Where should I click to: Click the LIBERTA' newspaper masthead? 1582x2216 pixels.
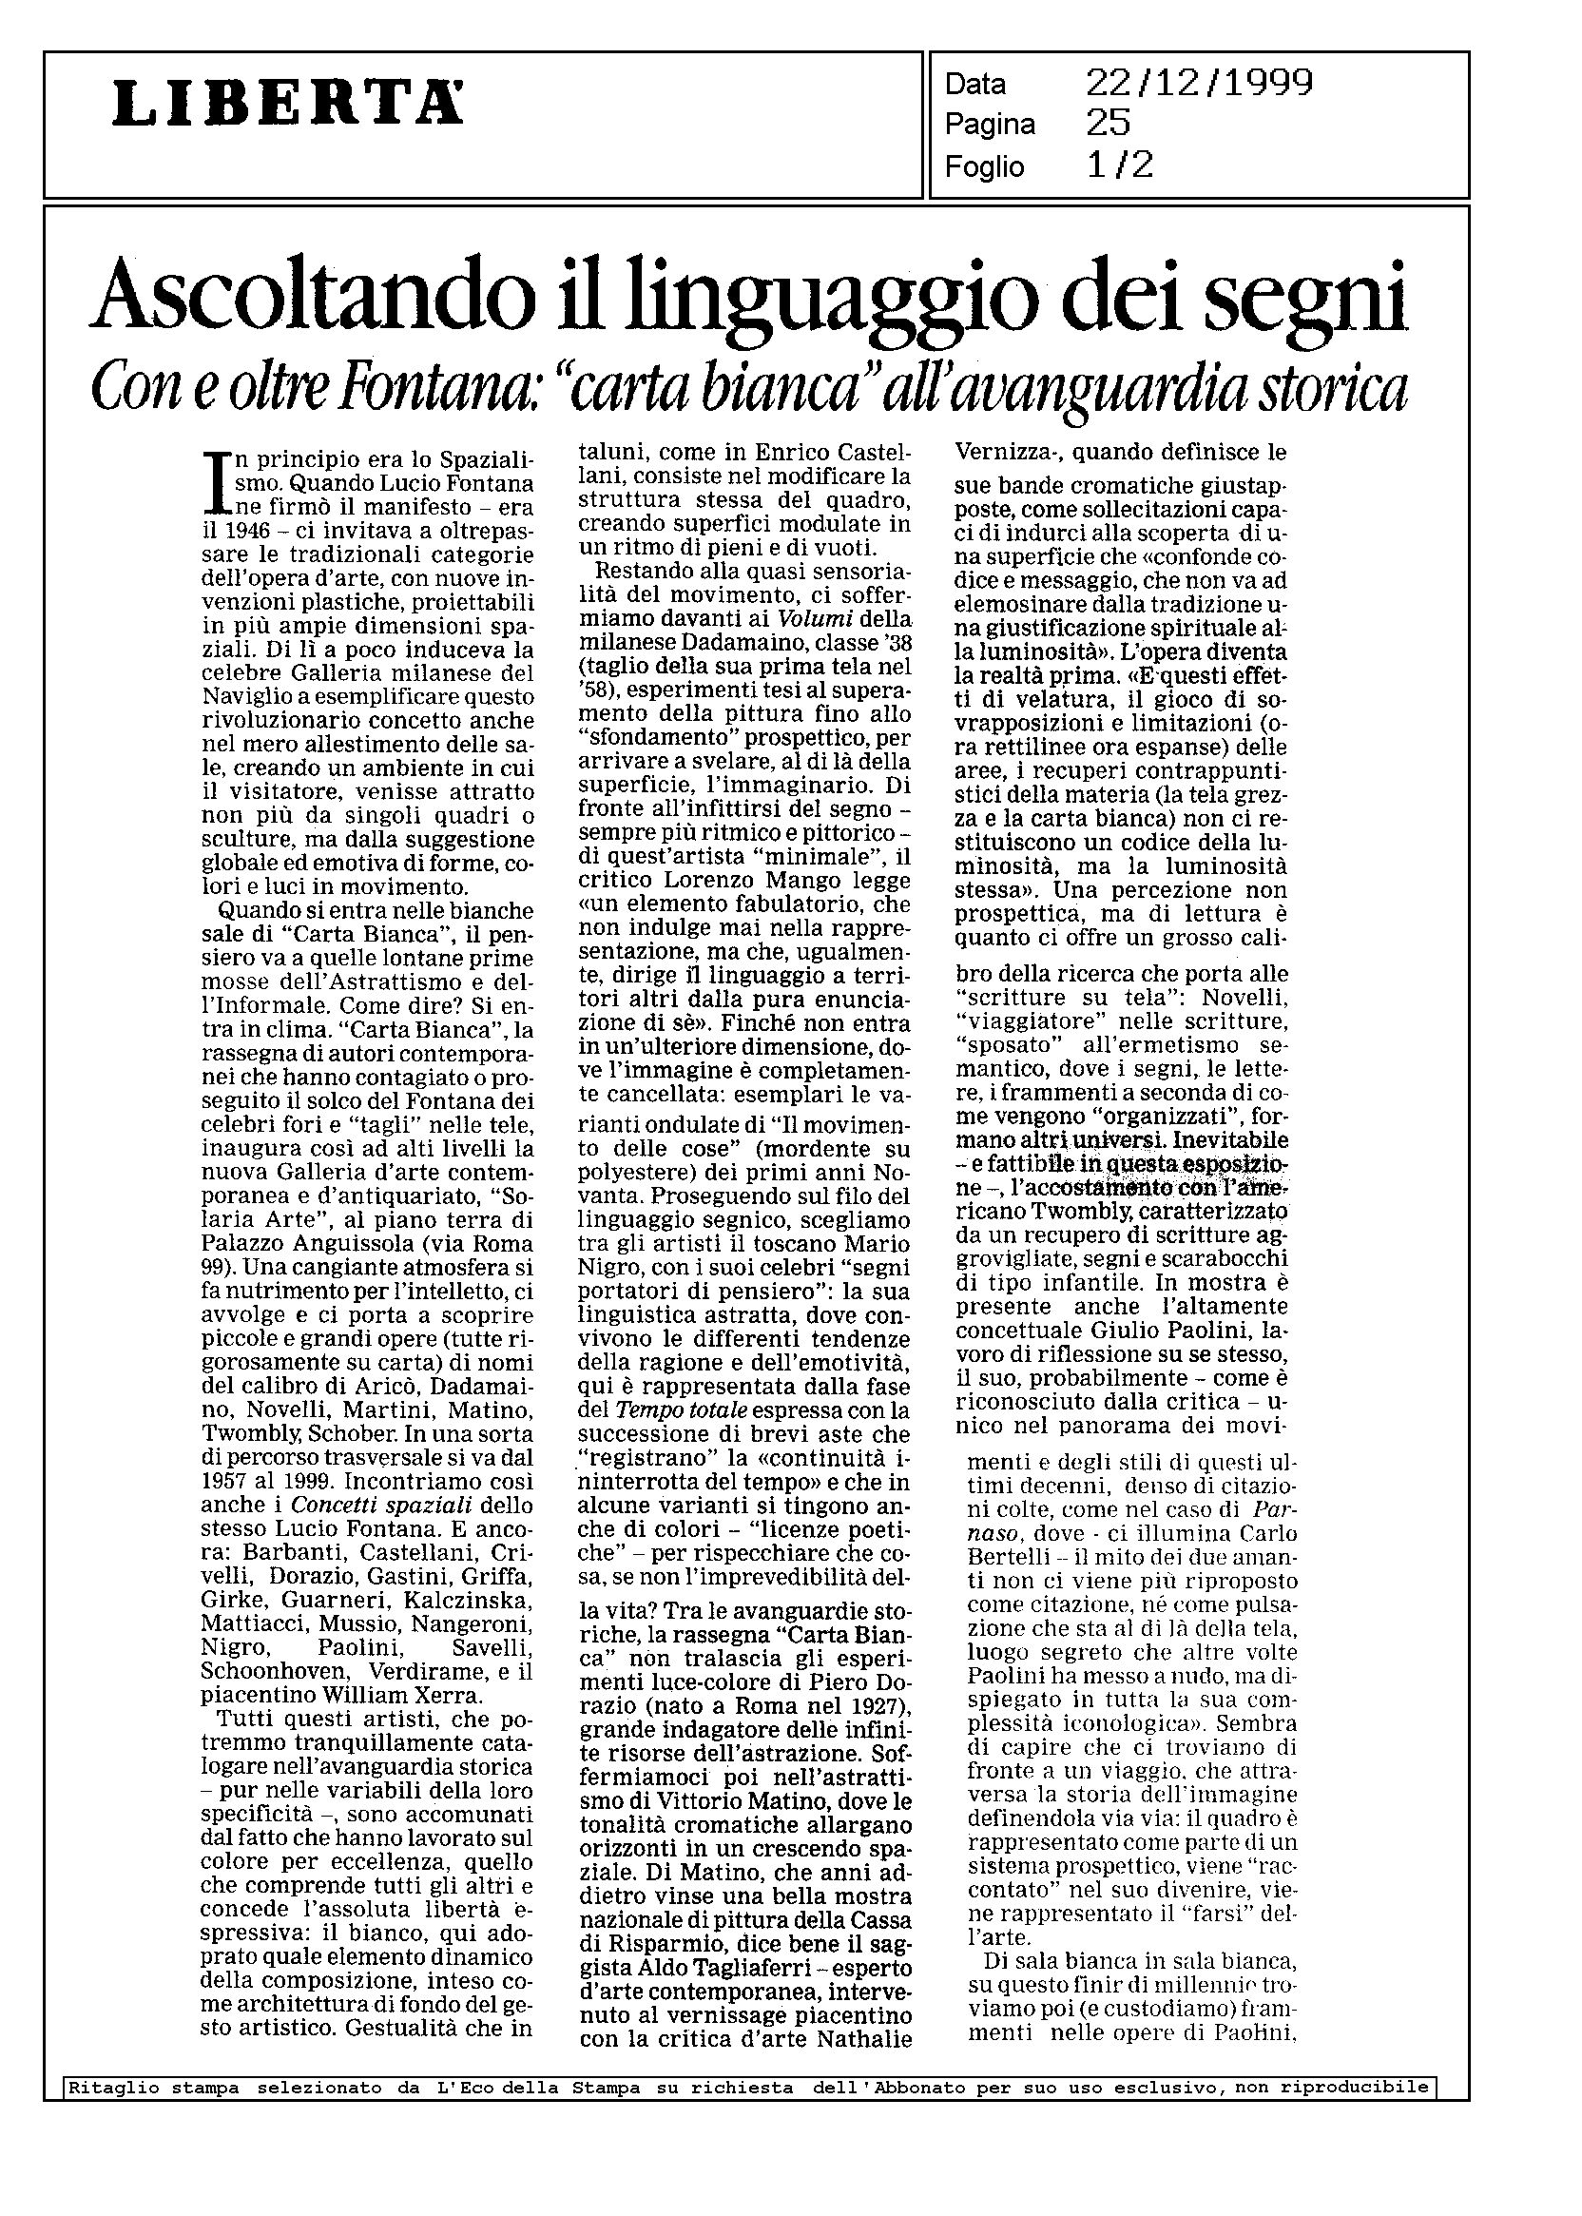[x=288, y=104]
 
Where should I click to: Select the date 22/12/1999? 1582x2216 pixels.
[x=1199, y=84]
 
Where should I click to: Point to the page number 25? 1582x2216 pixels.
[x=1109, y=124]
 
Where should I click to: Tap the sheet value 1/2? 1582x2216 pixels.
[x=1120, y=165]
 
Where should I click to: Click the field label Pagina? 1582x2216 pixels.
[x=990, y=125]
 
